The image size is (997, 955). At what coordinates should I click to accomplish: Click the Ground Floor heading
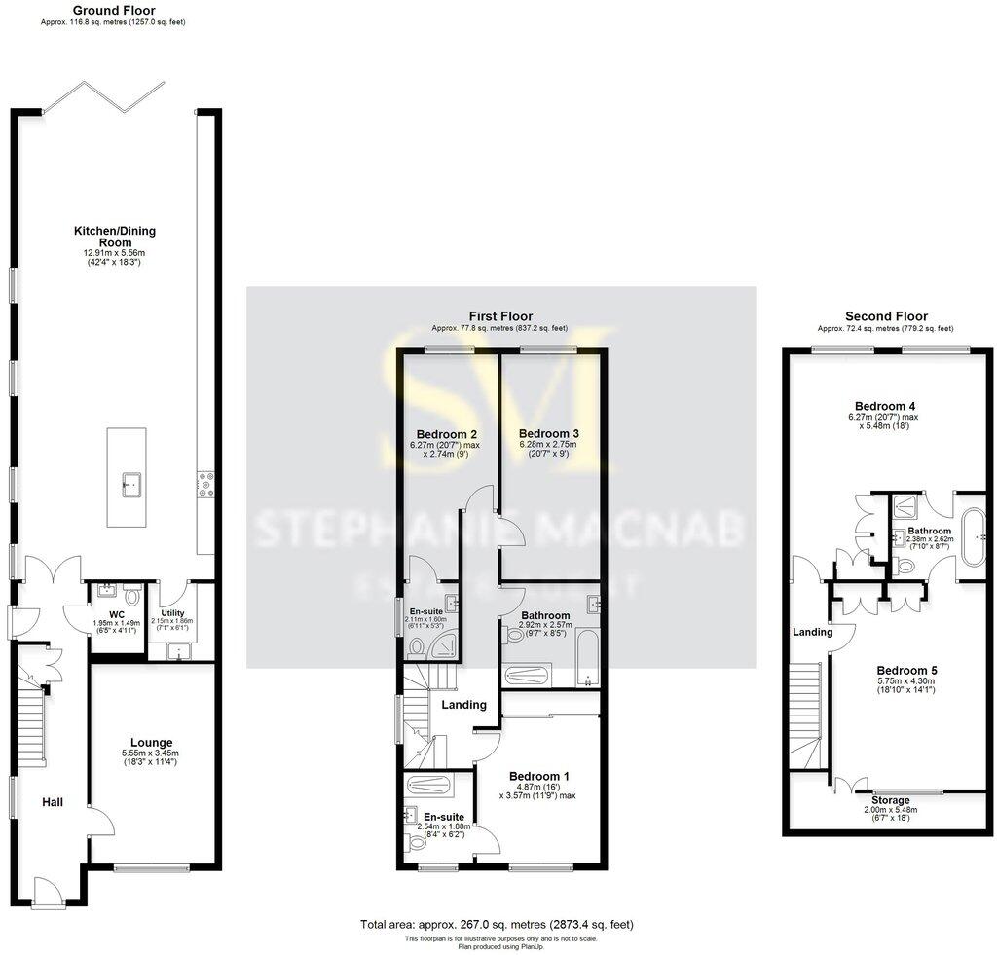(x=114, y=11)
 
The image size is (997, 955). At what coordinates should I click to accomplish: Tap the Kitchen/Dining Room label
(x=115, y=231)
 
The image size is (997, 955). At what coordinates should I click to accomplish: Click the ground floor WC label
(x=115, y=614)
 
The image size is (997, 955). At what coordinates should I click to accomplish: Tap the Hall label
(x=53, y=801)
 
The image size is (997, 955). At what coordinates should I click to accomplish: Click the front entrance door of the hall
(x=48, y=891)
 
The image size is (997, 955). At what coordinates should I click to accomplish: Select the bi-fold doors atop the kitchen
(x=103, y=98)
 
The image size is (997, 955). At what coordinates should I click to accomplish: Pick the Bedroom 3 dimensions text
(x=547, y=450)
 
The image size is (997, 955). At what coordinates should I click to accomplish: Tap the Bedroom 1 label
(x=539, y=776)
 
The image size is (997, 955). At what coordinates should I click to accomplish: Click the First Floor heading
(x=499, y=316)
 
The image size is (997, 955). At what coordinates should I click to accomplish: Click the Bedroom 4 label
(x=884, y=405)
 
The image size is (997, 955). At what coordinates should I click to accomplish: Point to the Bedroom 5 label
(x=906, y=670)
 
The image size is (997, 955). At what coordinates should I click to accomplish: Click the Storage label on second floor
(x=891, y=800)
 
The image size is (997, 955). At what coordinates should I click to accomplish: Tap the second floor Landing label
(x=813, y=632)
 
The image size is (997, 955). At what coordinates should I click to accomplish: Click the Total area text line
(x=498, y=924)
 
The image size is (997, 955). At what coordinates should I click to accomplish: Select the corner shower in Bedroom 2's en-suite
(x=447, y=646)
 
